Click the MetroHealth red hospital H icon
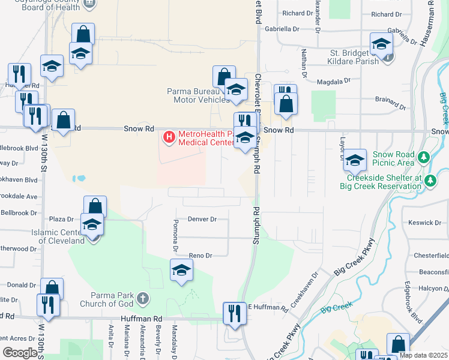click(x=169, y=138)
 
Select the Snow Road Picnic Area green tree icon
click(x=424, y=158)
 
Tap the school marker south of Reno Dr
click(x=181, y=271)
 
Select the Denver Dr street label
click(x=202, y=220)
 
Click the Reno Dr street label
click(x=200, y=256)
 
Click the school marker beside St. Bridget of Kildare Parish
click(x=381, y=44)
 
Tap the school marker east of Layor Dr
click(x=355, y=160)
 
